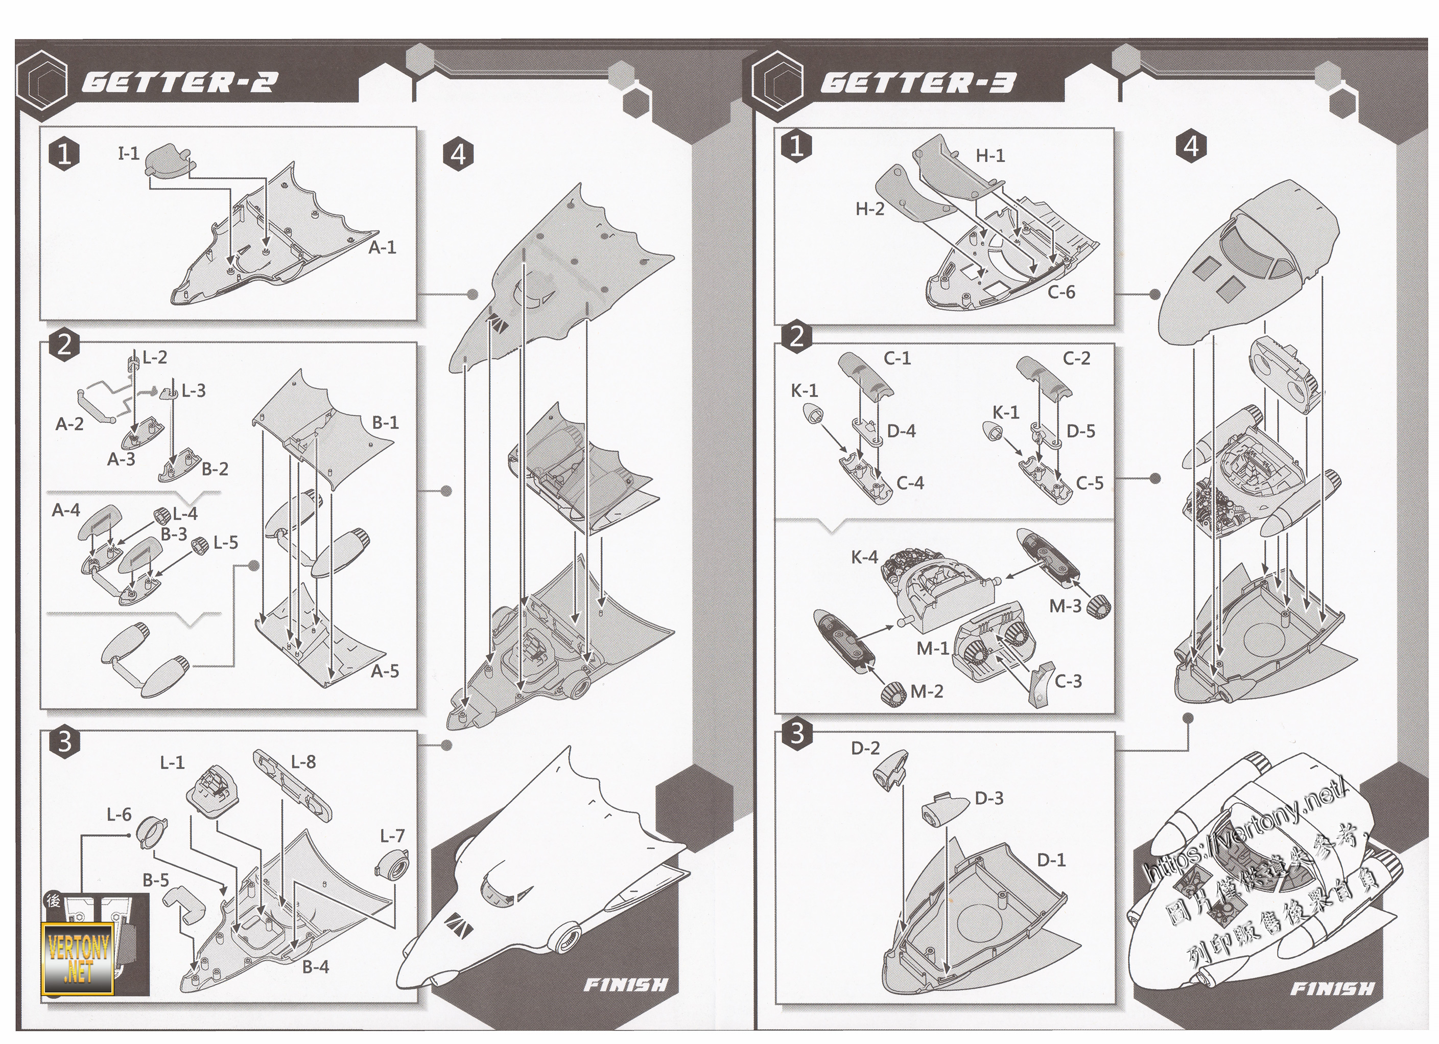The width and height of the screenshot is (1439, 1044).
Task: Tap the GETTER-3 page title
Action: (x=917, y=82)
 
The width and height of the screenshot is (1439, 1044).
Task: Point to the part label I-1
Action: (x=129, y=154)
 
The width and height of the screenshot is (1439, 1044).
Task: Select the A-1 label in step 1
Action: (x=382, y=247)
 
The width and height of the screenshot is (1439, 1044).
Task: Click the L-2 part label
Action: (x=154, y=358)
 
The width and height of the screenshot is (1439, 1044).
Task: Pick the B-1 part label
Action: (x=385, y=423)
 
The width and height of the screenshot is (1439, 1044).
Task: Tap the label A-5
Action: (x=385, y=671)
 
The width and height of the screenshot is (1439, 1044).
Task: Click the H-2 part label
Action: (x=869, y=209)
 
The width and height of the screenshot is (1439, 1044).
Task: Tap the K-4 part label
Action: (x=864, y=557)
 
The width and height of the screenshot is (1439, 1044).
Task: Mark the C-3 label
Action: (x=1068, y=682)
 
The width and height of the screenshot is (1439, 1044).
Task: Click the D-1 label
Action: (x=1051, y=860)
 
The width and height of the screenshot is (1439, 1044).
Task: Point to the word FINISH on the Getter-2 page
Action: (x=625, y=986)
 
